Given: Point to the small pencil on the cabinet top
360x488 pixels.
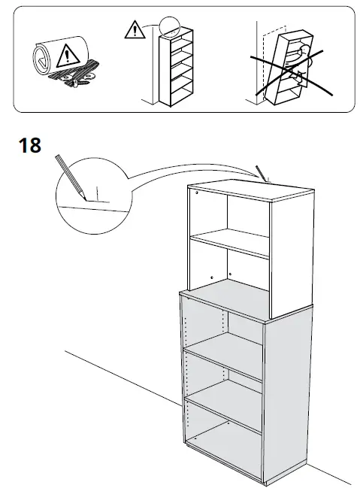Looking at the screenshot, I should pos(262,173).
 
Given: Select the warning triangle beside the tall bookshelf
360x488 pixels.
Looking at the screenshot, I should pos(133,30).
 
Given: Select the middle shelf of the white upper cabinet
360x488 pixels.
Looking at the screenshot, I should pos(228,244).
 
